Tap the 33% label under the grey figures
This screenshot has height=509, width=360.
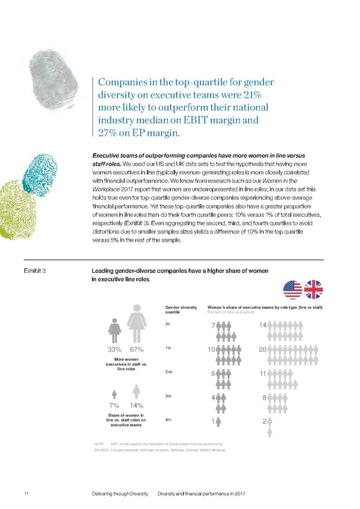(115, 350)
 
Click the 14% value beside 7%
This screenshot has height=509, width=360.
(136, 406)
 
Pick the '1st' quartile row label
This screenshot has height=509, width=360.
(169, 348)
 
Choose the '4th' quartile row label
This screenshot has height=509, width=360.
(169, 419)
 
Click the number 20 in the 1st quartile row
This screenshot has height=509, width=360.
(261, 350)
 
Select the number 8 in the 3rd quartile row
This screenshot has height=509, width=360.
(264, 398)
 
